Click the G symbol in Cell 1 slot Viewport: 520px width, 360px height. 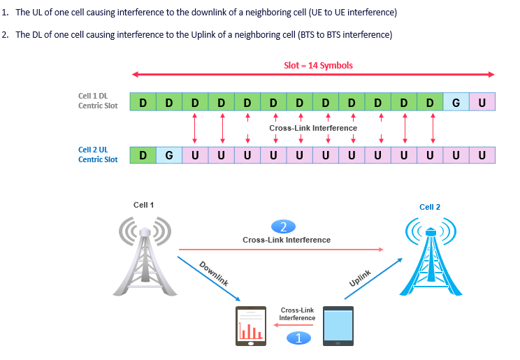(x=456, y=103)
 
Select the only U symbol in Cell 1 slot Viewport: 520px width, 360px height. (x=482, y=103)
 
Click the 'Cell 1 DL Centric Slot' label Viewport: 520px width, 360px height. (x=98, y=101)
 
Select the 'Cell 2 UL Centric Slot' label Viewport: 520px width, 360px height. (x=98, y=154)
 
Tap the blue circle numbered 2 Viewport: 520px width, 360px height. (x=283, y=226)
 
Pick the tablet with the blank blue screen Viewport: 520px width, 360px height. (x=338, y=326)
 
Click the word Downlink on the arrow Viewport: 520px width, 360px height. (x=214, y=274)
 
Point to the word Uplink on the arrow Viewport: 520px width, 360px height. (x=360, y=278)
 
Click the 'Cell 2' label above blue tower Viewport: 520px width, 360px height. (x=430, y=207)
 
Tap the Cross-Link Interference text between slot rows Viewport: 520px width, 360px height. (x=313, y=128)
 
